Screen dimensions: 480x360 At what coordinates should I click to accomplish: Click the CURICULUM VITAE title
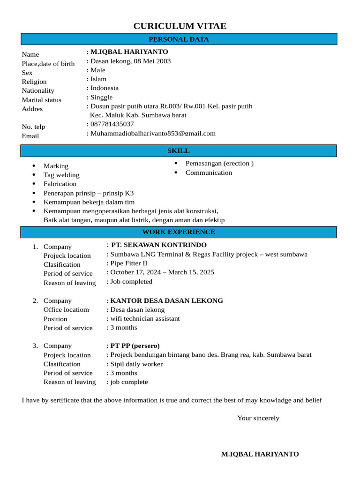tap(180, 26)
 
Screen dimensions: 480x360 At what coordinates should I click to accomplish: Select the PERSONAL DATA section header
tap(179, 39)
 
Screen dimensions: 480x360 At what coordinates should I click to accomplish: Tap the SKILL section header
tap(179, 151)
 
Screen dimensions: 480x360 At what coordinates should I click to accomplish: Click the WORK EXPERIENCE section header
tap(179, 232)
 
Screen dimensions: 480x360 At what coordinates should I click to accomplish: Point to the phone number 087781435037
tap(112, 124)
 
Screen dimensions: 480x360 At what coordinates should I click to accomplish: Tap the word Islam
tap(98, 79)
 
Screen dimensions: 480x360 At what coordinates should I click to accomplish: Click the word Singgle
tap(101, 97)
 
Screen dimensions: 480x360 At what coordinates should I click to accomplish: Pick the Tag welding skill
tap(61, 175)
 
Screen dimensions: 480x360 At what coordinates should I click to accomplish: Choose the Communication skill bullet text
tap(209, 172)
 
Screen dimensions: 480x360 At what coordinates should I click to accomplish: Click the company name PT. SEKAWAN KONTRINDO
tap(158, 245)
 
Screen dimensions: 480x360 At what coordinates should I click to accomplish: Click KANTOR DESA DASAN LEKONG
tap(166, 301)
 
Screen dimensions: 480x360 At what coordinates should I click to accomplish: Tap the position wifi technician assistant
tap(145, 319)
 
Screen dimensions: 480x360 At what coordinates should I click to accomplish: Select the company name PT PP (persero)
tap(135, 346)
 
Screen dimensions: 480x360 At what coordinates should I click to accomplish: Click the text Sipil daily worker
tap(136, 364)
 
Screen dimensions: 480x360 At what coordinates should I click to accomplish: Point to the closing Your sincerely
tap(258, 418)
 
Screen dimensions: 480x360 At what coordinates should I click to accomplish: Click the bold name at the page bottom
tap(260, 454)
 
